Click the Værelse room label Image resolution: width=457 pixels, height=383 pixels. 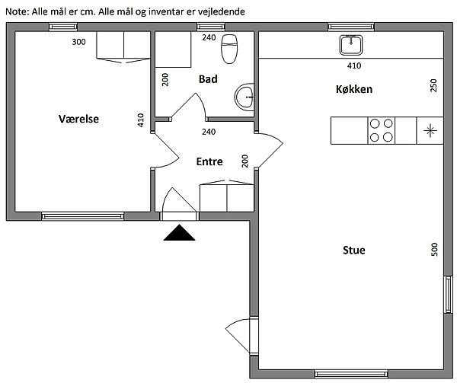click(78, 119)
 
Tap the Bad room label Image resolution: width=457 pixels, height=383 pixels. click(208, 79)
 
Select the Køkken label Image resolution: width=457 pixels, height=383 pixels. click(354, 89)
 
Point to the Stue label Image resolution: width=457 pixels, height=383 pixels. click(354, 250)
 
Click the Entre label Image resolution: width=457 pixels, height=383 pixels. click(209, 161)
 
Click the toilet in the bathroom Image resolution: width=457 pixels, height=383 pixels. click(229, 49)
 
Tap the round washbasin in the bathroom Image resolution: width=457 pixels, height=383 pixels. click(244, 97)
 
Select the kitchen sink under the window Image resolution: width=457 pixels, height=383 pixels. click(351, 45)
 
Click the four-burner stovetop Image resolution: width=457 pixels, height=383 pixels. click(382, 130)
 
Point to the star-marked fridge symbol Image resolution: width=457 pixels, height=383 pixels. click(430, 130)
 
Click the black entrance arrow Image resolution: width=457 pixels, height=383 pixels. click(179, 233)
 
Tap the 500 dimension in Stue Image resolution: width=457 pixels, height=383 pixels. click(434, 249)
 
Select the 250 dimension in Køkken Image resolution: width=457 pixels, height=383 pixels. click(433, 85)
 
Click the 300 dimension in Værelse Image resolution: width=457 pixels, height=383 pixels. click(78, 42)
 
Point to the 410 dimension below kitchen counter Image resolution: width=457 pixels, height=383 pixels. click(354, 65)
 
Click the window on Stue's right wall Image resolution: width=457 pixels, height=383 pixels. click(449, 294)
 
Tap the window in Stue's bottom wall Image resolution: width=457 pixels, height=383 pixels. click(351, 374)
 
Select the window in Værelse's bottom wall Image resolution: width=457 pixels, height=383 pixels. click(83, 216)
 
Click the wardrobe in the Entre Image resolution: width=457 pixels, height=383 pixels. click(227, 196)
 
